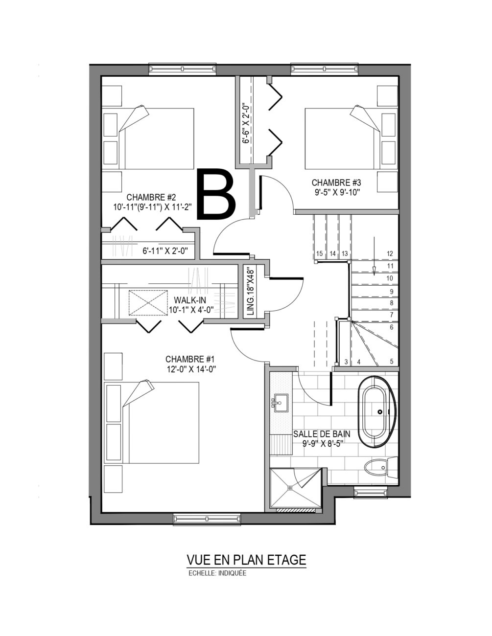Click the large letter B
click(216, 194)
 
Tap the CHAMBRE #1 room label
click(190, 364)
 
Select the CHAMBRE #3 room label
click(336, 187)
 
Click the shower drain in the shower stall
click(290, 488)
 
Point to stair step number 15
click(319, 253)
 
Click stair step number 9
click(392, 292)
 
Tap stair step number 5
click(392, 362)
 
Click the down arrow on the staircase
click(374, 256)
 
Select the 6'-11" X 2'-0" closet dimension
click(165, 251)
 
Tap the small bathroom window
click(371, 492)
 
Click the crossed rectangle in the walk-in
click(148, 303)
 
